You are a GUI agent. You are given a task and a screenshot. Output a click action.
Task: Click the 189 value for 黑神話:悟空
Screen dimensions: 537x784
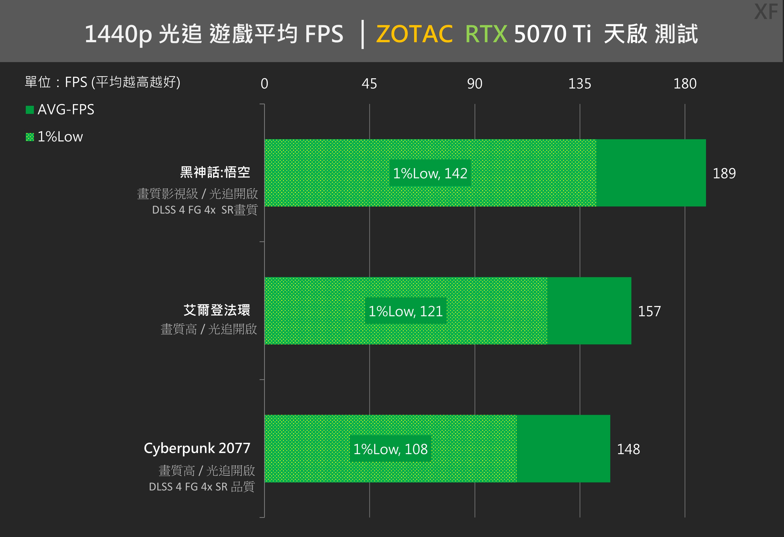[724, 173]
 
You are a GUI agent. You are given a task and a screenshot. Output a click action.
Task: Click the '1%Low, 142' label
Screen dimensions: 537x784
[430, 173]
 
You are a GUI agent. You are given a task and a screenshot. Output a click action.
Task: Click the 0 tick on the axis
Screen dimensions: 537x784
[264, 84]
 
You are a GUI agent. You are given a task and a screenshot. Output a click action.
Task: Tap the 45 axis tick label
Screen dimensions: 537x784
[369, 84]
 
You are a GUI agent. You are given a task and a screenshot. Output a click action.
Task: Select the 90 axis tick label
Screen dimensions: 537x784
[475, 84]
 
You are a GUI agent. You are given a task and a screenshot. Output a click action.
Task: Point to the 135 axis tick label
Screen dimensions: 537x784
[580, 84]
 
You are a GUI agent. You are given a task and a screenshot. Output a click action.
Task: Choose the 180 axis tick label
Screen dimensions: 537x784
[685, 84]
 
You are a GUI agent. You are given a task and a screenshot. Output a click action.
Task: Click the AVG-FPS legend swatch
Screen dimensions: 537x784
[30, 110]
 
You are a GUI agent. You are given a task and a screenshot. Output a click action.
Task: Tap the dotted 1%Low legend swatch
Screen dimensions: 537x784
[30, 137]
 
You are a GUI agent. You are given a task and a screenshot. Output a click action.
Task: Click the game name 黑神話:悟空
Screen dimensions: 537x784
[215, 172]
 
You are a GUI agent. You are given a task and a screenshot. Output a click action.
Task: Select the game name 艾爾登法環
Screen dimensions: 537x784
[216, 310]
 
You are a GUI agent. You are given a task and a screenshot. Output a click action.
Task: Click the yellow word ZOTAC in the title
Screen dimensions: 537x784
[414, 34]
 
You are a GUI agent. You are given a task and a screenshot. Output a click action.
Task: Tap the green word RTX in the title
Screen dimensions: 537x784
[486, 34]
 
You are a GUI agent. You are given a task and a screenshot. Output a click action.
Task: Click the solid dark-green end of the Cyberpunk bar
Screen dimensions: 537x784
[563, 449]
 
